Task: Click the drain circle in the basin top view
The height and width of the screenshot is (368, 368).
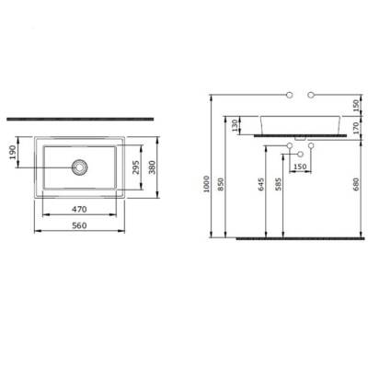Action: click(80, 167)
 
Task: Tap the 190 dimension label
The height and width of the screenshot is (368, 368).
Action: click(13, 153)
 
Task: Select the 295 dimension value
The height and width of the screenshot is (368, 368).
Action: click(136, 167)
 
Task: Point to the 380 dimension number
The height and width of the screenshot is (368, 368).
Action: click(153, 167)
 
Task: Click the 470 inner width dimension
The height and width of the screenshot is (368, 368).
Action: click(79, 210)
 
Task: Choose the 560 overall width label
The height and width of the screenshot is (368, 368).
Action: click(79, 225)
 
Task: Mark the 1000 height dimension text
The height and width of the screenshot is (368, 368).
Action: click(206, 184)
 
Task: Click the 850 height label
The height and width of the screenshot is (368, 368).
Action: click(222, 184)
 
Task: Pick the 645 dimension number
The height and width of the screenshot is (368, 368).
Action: click(261, 184)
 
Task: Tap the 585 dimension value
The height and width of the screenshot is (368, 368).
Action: click(279, 184)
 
